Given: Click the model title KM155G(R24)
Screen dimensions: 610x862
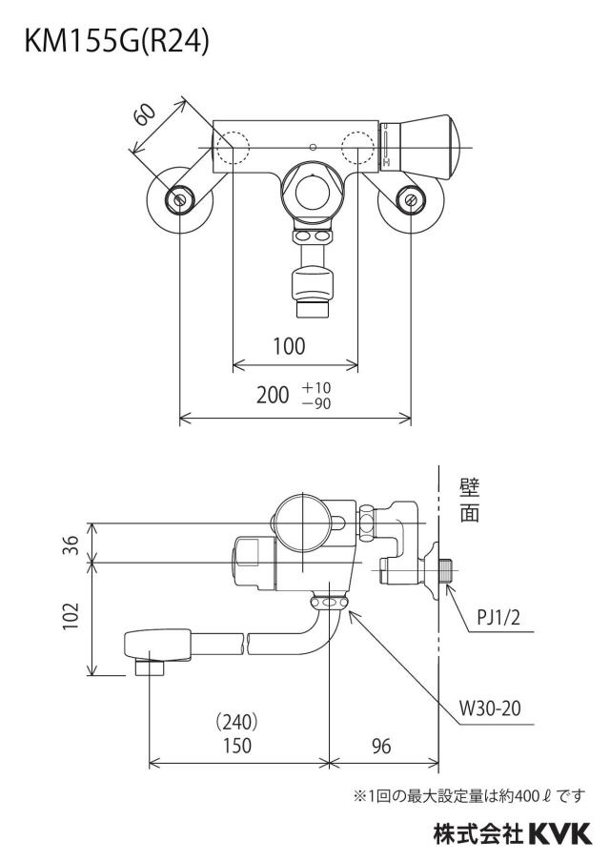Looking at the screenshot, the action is point(117,42).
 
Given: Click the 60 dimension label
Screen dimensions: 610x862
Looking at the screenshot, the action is point(146,114).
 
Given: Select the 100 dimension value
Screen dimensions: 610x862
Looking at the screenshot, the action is point(289,346).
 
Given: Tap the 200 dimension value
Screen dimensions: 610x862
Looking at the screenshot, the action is point(273,395).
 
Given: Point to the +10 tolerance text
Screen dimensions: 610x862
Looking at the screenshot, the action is point(316,387).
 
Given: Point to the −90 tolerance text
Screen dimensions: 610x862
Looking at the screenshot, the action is point(316,403).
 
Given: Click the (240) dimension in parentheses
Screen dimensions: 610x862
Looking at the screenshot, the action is point(237,721).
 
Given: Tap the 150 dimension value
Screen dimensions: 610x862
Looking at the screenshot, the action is point(237,746).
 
